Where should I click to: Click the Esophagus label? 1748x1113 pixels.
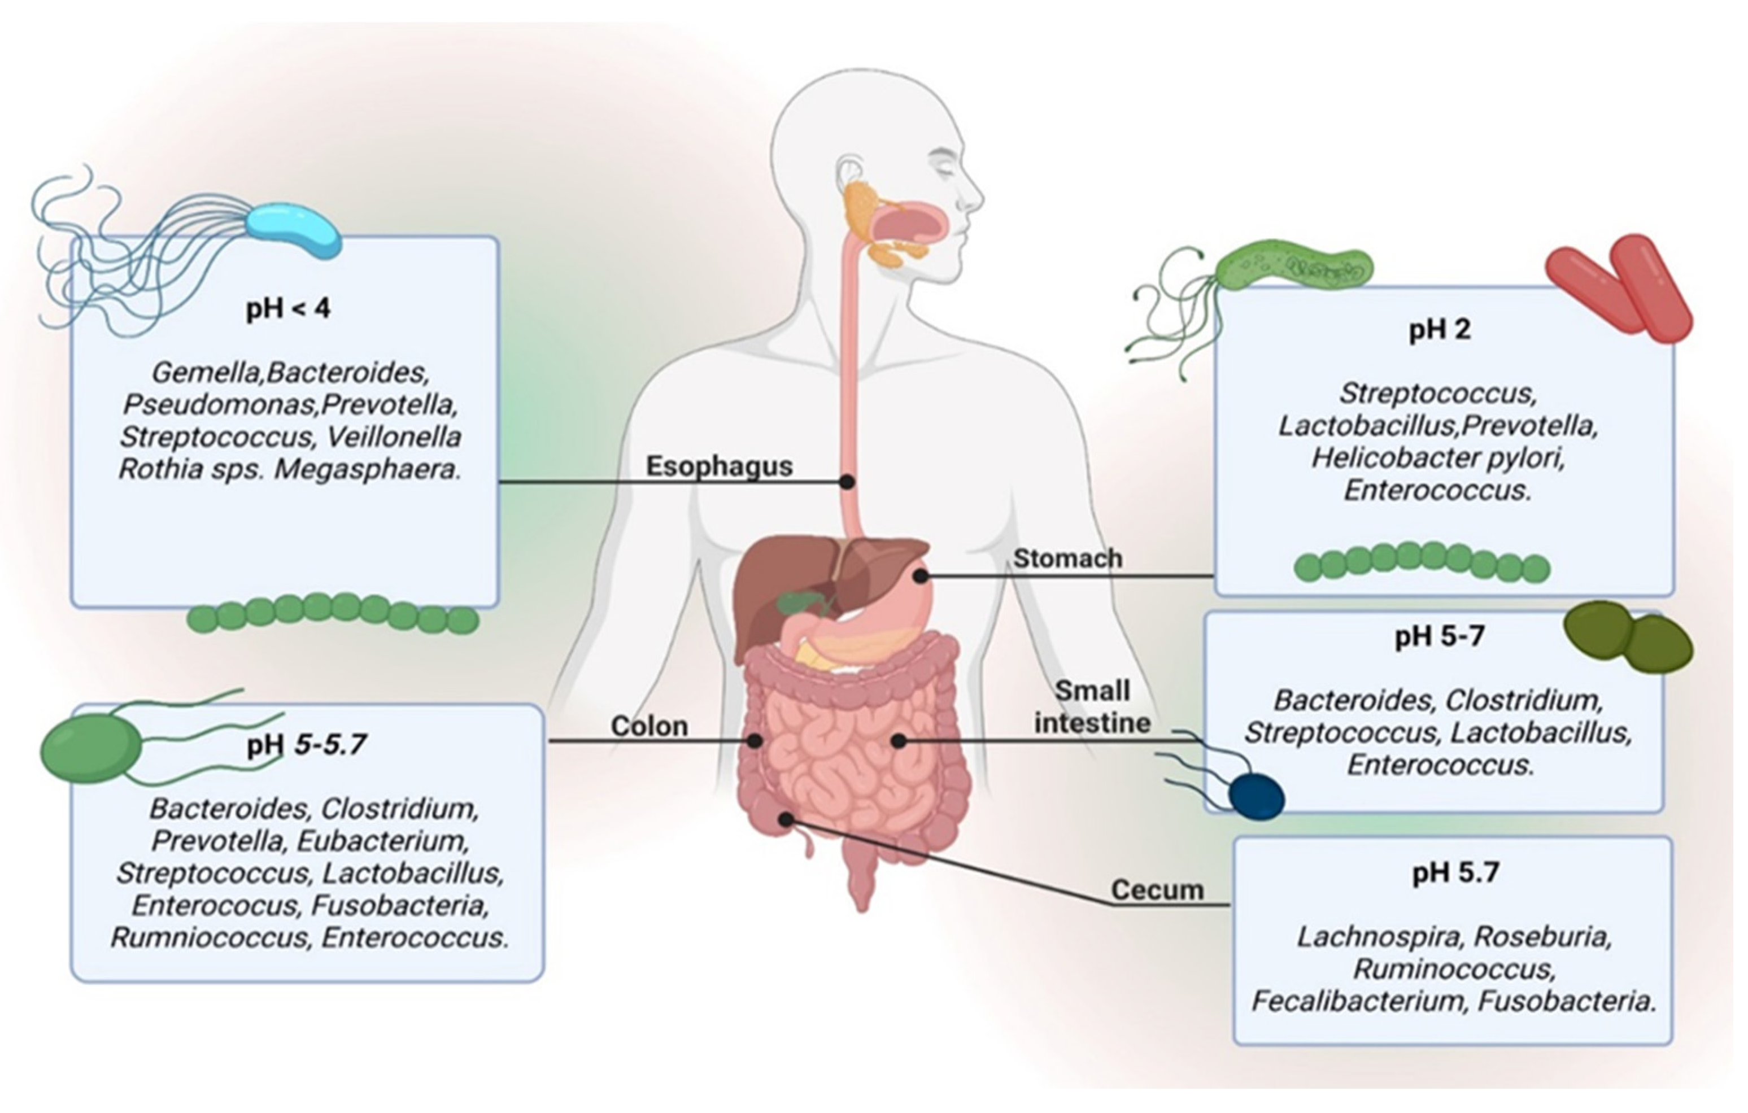click(718, 466)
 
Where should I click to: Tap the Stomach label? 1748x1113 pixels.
click(1067, 558)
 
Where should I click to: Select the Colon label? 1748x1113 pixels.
click(649, 726)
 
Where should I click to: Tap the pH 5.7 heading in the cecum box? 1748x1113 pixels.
click(1455, 872)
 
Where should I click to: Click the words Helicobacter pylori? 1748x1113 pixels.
click(1437, 459)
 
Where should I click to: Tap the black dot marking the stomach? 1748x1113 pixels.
click(921, 577)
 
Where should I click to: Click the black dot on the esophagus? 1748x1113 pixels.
click(847, 481)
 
